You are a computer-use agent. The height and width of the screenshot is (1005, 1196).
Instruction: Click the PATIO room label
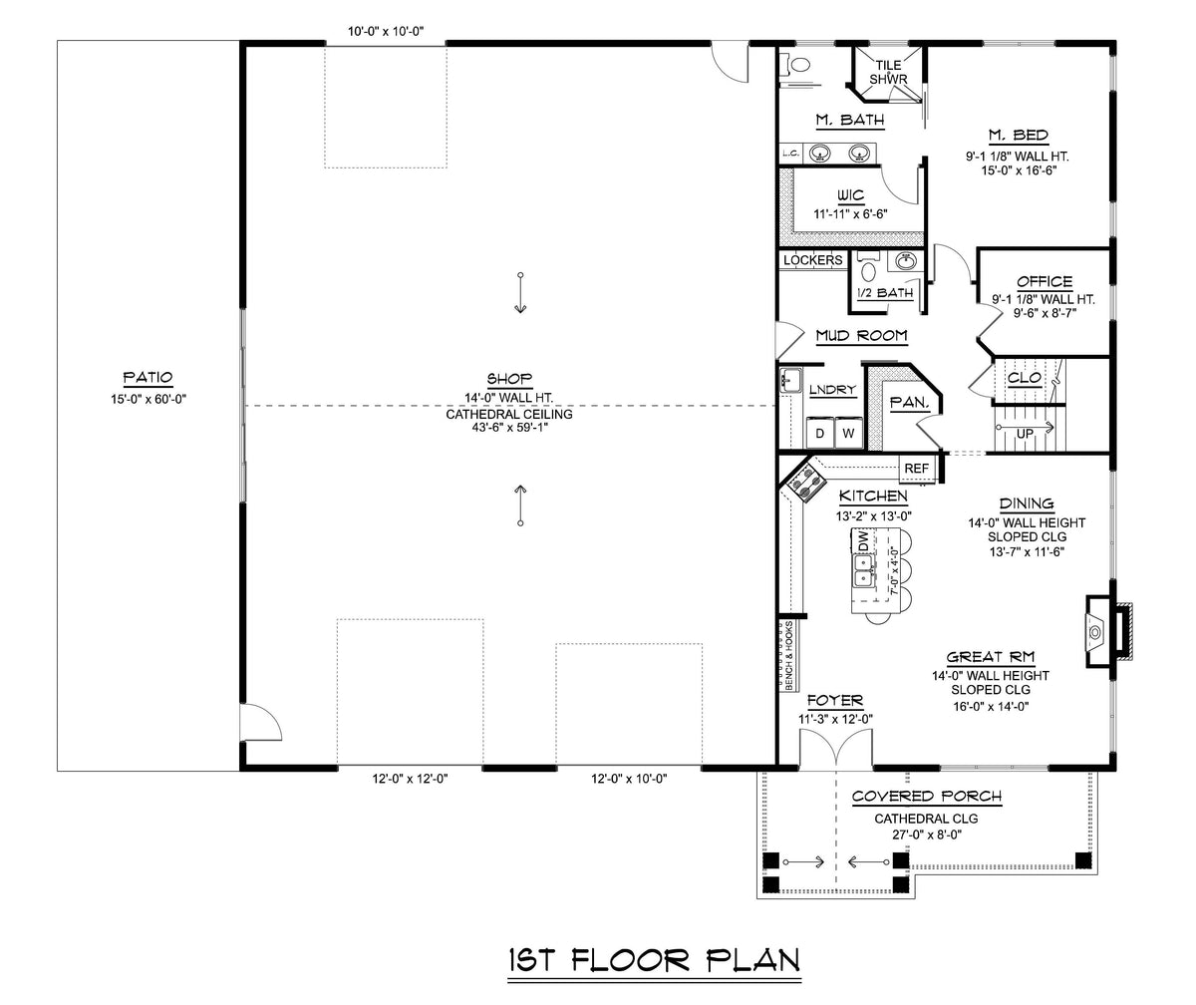148,378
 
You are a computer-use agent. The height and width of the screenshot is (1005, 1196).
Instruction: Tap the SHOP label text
508,379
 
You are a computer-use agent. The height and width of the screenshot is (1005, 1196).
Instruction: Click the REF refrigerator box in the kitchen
916,469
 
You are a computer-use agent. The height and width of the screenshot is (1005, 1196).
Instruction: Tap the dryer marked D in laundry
820,434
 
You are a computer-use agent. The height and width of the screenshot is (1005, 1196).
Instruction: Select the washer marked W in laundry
848,434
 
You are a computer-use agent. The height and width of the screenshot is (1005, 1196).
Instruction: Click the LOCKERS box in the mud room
812,260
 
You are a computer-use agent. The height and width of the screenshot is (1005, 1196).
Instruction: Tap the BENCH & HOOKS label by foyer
788,656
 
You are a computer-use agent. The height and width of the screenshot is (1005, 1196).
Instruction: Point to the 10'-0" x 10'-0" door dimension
386,31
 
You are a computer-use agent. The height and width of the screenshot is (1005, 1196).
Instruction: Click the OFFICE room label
1045,282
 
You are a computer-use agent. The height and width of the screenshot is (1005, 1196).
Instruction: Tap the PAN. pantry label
909,403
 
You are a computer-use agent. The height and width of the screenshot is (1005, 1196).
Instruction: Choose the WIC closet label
851,194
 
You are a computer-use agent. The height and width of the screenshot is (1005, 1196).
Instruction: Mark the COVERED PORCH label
926,797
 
